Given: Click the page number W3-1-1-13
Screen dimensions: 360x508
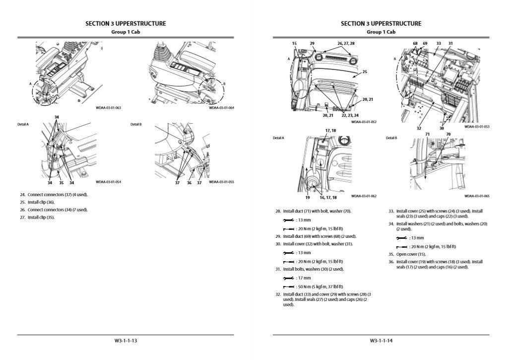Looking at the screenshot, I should (x=126, y=341).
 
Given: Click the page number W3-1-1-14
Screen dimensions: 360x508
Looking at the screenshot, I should (x=381, y=341).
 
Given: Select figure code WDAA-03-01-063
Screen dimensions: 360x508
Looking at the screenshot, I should (x=108, y=107).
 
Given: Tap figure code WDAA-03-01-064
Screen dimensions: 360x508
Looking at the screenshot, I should (x=221, y=107).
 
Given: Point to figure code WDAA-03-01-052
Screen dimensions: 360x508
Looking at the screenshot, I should (x=364, y=122).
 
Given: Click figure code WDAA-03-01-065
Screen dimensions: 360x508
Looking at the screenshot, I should (x=477, y=196).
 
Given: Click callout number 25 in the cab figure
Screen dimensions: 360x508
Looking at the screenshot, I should (x=364, y=72).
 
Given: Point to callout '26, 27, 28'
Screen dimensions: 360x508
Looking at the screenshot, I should (x=346, y=44).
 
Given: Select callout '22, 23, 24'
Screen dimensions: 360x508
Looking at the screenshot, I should (x=350, y=115).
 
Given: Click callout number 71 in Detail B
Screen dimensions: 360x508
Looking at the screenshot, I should (x=427, y=134).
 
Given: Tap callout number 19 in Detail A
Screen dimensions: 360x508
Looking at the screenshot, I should (x=307, y=197).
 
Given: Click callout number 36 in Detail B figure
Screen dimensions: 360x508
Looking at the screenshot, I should (x=189, y=183).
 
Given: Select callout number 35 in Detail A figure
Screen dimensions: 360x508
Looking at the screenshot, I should (x=60, y=183).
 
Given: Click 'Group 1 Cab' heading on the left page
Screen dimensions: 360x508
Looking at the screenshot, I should (x=126, y=32).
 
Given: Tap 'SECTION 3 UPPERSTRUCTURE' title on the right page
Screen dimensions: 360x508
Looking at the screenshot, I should (x=381, y=23).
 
